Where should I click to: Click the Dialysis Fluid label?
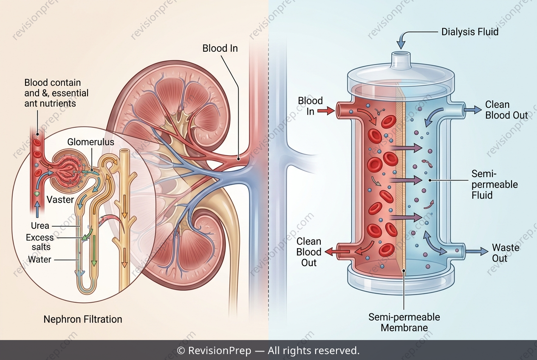pos(470,32)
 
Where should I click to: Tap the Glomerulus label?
pos(90,142)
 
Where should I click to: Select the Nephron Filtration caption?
pos(83,319)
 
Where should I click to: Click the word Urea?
pos(40,225)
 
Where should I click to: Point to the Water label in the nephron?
pos(40,259)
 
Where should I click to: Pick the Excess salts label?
pos(40,242)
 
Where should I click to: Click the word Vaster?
pos(60,200)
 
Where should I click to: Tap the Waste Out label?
pos(506,253)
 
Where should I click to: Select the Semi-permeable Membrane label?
pos(404,322)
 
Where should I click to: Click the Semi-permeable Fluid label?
pos(495,184)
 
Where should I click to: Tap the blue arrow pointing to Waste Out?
pos(477,251)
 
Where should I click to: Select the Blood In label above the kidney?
pos(220,48)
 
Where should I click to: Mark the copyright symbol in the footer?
pos(181,351)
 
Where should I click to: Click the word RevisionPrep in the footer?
pos(220,351)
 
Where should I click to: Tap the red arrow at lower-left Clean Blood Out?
pos(337,252)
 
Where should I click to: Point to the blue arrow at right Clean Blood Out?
pos(473,110)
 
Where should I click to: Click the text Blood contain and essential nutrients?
pos(57,93)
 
